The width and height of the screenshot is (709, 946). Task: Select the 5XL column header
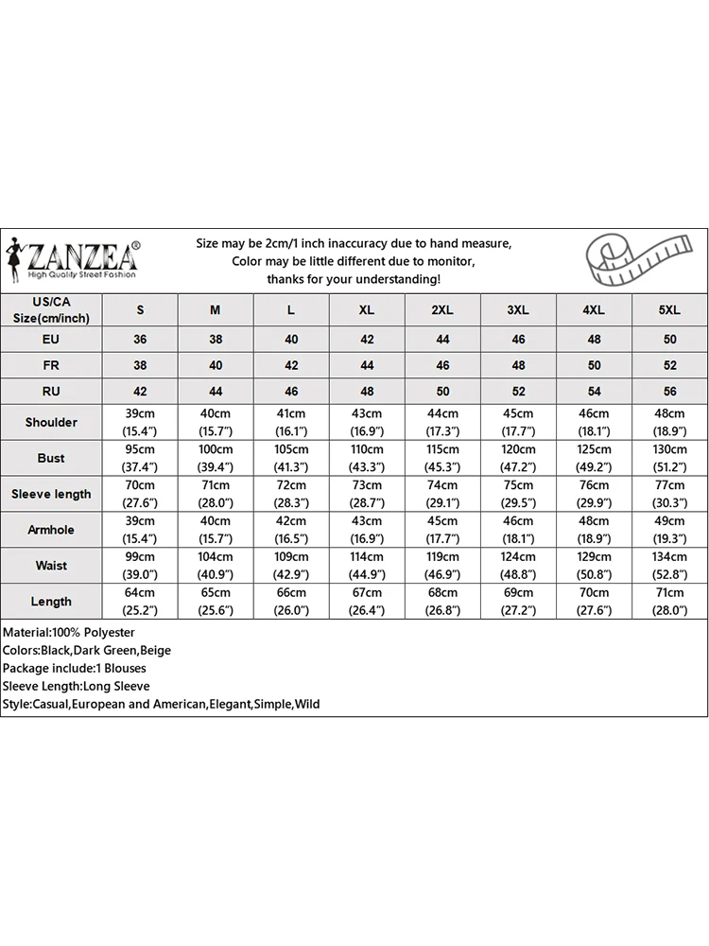tap(669, 310)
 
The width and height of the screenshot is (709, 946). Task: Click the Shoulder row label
tap(51, 422)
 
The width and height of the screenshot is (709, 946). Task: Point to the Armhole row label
tap(51, 530)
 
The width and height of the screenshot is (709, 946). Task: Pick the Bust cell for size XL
tap(367, 458)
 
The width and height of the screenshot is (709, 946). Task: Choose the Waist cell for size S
tap(140, 566)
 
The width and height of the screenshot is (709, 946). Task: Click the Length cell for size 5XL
tap(669, 602)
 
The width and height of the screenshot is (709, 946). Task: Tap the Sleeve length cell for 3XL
tap(518, 494)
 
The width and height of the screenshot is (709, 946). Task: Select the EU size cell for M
tap(216, 339)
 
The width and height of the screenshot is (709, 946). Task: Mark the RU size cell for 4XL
tap(594, 392)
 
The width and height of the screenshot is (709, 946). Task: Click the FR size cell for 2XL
tap(442, 365)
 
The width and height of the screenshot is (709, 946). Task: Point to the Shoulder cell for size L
tap(291, 422)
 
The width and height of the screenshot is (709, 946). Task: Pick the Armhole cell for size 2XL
tap(442, 530)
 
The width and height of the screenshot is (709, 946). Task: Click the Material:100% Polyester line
tap(69, 632)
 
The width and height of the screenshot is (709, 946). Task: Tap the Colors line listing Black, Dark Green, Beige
tap(86, 650)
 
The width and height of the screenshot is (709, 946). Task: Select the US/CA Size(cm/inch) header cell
tap(51, 310)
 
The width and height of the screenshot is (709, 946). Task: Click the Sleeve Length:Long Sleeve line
tap(76, 686)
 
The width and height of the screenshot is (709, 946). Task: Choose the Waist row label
tap(51, 566)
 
